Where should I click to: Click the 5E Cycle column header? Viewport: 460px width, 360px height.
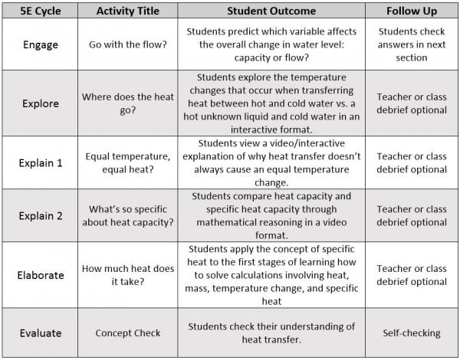[x=40, y=11]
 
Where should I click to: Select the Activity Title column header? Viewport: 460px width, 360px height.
[x=128, y=11]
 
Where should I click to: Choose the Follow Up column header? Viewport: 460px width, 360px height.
[x=411, y=11]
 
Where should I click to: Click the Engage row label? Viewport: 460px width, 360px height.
[x=40, y=44]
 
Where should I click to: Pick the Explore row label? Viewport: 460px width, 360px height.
[x=40, y=103]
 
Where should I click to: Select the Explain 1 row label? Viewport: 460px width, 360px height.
[x=40, y=162]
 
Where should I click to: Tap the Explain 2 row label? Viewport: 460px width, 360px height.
[x=40, y=215]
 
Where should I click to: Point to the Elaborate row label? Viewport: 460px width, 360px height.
[x=40, y=274]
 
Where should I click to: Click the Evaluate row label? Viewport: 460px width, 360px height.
[x=40, y=333]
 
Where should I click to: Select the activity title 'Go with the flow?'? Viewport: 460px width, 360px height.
[x=128, y=44]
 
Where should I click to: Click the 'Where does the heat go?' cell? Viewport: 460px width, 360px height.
[x=128, y=103]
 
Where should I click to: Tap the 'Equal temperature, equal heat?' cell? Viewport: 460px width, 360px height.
[x=128, y=162]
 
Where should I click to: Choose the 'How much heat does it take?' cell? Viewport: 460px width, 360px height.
[x=128, y=274]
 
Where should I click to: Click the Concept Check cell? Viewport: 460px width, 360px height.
[x=128, y=333]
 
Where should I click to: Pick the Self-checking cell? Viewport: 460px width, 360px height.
[x=411, y=333]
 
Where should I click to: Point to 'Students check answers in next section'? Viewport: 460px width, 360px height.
[x=411, y=44]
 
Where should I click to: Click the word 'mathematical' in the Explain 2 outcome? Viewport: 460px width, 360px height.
[x=231, y=222]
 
